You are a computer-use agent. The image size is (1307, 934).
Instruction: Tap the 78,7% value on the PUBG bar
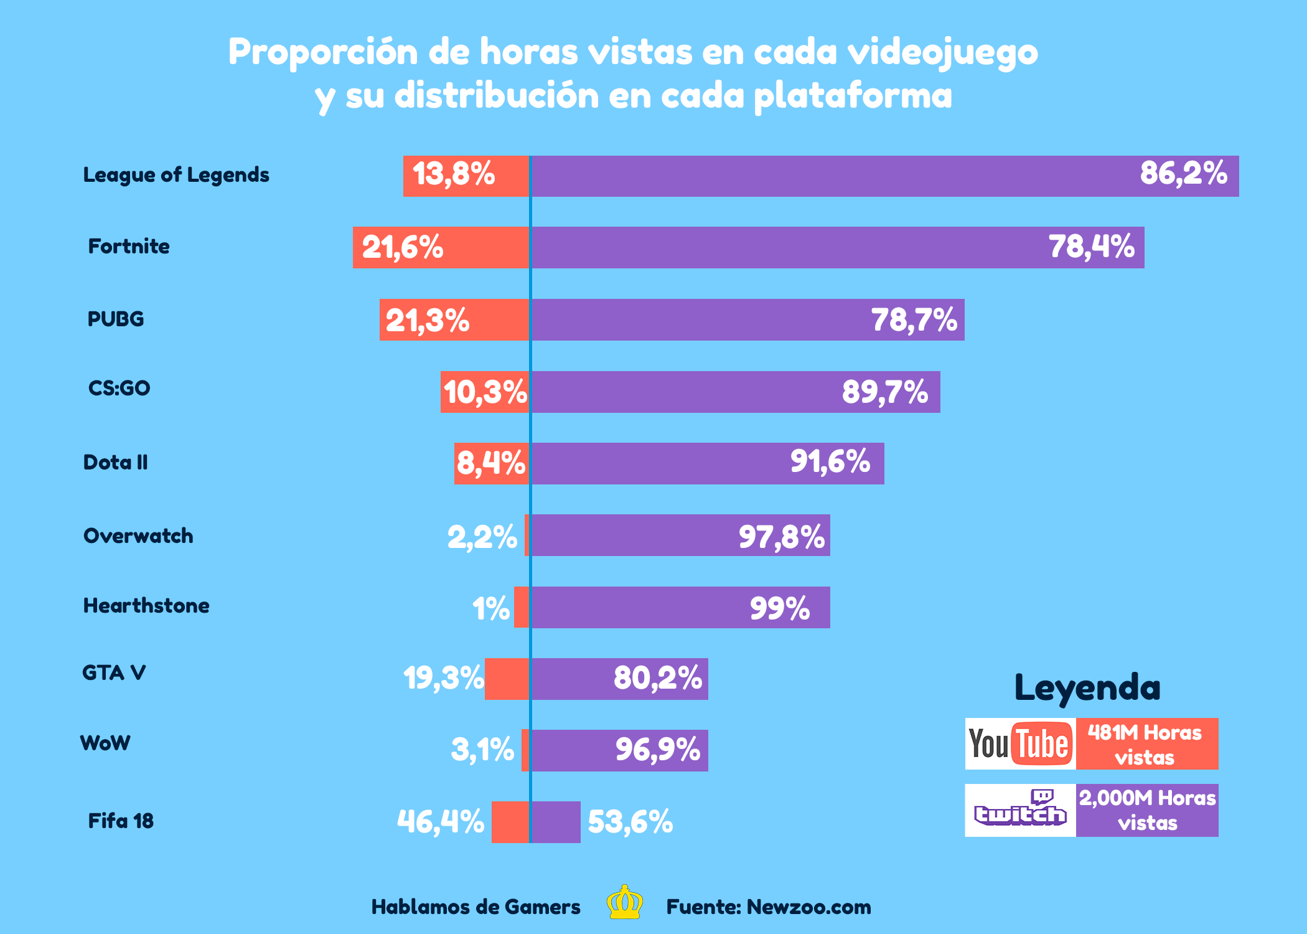coord(914,320)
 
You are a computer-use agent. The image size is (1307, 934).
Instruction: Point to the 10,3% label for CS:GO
coord(485,392)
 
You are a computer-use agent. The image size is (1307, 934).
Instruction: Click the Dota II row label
coord(116,463)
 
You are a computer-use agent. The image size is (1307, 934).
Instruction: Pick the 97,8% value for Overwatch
coord(781,536)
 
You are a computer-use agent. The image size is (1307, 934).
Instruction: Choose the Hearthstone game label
coord(146,606)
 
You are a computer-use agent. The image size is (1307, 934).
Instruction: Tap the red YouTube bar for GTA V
coord(507,679)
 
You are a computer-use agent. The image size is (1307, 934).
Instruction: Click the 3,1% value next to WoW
coord(482,750)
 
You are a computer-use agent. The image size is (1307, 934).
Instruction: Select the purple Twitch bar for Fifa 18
coord(556,822)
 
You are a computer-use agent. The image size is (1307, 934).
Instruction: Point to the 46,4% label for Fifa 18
coord(441,822)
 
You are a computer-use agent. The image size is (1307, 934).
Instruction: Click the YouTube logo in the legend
coord(1020,744)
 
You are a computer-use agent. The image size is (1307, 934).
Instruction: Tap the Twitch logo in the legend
coord(1020,810)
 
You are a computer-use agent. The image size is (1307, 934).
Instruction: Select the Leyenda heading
coord(1087,688)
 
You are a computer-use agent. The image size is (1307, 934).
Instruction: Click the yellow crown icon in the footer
coord(625,903)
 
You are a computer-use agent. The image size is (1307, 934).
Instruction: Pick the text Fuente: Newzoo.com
coord(769,907)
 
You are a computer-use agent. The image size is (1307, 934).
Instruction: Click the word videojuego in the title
coord(942,52)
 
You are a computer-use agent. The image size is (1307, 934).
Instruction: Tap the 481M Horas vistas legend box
coord(1146,744)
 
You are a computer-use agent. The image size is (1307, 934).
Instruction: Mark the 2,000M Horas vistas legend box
coord(1147,810)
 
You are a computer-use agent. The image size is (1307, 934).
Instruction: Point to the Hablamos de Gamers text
coord(475,907)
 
